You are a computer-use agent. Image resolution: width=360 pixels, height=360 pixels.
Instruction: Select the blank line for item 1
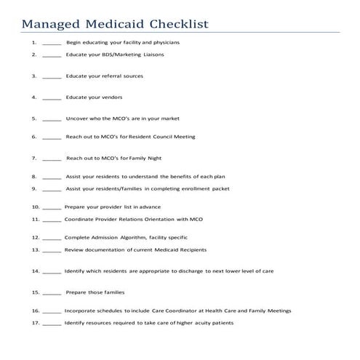pyautogui.click(x=52, y=44)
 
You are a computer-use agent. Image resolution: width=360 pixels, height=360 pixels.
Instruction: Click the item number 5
pyautogui.click(x=34, y=118)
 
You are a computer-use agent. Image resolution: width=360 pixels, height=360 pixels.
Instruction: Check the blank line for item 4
pyautogui.click(x=52, y=97)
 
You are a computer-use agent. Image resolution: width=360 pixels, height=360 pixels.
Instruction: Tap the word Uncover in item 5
pyautogui.click(x=77, y=118)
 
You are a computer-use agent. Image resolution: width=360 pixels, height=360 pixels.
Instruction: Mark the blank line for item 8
pyautogui.click(x=52, y=177)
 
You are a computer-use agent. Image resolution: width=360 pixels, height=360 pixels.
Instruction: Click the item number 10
pyautogui.click(x=34, y=207)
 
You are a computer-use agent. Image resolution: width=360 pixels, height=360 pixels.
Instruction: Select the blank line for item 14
pyautogui.click(x=52, y=272)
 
